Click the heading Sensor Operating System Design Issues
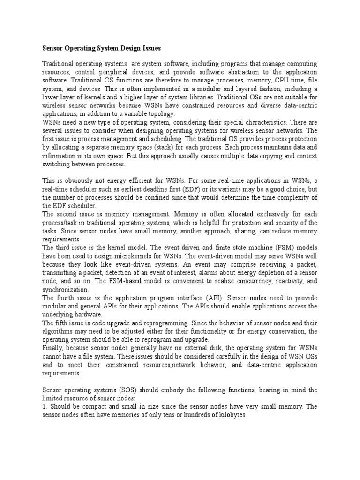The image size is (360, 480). (x=102, y=48)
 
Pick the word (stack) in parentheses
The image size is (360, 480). (x=190, y=147)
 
